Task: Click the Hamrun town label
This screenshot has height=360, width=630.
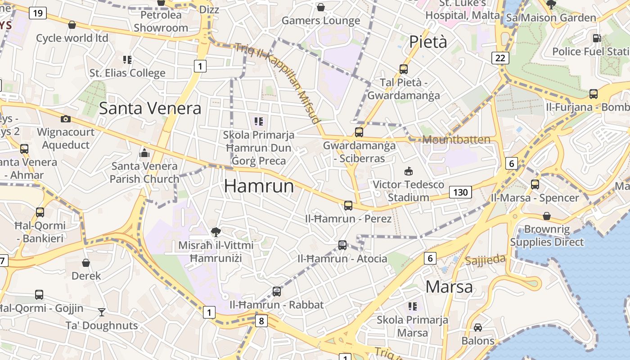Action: tap(259, 186)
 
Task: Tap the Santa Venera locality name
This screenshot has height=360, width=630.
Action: tap(150, 108)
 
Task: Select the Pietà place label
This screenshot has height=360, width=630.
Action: tap(428, 42)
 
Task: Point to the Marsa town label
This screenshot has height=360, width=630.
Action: tap(449, 287)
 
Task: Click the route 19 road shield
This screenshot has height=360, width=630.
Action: tap(38, 13)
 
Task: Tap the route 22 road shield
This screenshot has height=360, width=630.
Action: tap(500, 58)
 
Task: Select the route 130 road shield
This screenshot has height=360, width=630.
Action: tap(460, 193)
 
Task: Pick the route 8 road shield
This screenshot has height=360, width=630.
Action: tap(261, 321)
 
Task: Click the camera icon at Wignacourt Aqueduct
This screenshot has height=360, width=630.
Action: tap(66, 119)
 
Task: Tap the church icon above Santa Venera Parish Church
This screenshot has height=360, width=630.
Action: tap(144, 153)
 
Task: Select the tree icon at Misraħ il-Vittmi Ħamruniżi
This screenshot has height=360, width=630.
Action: tap(216, 232)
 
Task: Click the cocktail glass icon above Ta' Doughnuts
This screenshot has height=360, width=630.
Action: tap(102, 312)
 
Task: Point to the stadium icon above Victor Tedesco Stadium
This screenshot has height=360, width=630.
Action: tap(409, 171)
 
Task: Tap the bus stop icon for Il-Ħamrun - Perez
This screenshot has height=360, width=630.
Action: tap(348, 206)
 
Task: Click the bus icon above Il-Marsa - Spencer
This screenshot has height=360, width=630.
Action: tap(535, 184)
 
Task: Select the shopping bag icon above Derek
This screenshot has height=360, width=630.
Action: tap(86, 263)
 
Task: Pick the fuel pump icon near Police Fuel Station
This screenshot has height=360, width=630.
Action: tap(597, 39)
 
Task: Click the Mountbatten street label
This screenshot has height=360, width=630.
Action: tap(456, 139)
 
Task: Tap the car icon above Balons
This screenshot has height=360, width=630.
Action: tap(478, 328)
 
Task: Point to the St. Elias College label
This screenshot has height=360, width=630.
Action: tap(127, 73)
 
